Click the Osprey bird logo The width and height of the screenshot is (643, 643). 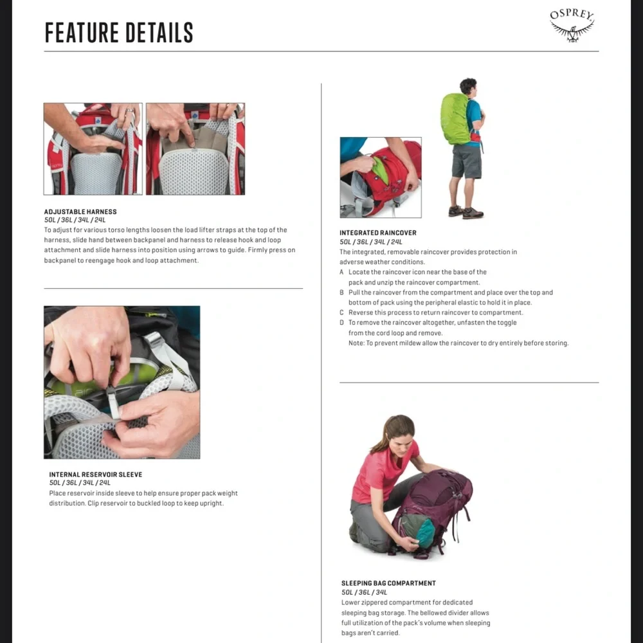pyautogui.click(x=572, y=26)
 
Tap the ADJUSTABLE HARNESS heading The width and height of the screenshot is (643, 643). pyautogui.click(x=80, y=212)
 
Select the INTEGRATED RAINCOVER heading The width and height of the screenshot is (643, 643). pyautogui.click(x=377, y=233)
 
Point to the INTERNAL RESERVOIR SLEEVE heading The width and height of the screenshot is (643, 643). pyautogui.click(x=96, y=475)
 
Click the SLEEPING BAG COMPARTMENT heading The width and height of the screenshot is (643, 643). pyautogui.click(x=388, y=583)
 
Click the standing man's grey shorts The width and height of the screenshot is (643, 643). pyautogui.click(x=467, y=161)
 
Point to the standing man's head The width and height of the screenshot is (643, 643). pyautogui.click(x=468, y=87)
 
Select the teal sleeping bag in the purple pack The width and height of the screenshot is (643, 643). pyautogui.click(x=418, y=531)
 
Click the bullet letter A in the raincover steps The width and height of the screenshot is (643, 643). pyautogui.click(x=341, y=272)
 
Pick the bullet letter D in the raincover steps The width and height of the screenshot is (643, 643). pyautogui.click(x=341, y=323)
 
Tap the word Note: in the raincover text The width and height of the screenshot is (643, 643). pyautogui.click(x=356, y=343)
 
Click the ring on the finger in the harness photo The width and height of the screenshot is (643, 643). pyautogui.click(x=129, y=111)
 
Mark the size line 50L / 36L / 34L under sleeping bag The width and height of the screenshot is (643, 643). pyautogui.click(x=364, y=592)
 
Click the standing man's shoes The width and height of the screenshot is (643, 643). pyautogui.click(x=466, y=212)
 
